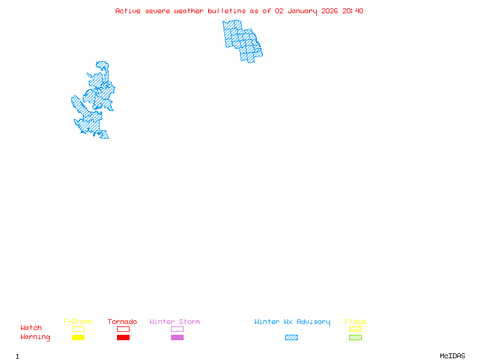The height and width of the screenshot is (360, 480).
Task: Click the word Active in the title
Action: [x=128, y=11]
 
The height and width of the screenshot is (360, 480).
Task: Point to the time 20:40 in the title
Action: [x=353, y=11]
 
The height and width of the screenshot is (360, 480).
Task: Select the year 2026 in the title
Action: [x=330, y=11]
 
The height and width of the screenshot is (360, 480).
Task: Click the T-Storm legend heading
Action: [x=77, y=322]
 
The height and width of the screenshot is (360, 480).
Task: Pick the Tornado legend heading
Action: [x=122, y=322]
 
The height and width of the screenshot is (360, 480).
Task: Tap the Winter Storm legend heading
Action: [x=175, y=322]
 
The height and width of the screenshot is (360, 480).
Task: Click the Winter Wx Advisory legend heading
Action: [x=292, y=322]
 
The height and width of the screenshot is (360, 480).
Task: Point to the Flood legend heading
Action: [x=355, y=322]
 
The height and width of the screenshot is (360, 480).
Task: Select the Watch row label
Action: [x=31, y=328]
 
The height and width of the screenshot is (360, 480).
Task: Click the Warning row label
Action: [x=35, y=337]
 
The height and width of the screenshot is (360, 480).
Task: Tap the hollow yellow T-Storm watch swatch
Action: [x=78, y=329]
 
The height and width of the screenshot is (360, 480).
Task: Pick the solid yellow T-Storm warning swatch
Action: [x=78, y=338]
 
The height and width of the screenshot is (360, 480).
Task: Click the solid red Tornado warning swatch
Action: [x=123, y=338]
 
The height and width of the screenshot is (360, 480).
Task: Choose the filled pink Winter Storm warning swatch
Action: [x=177, y=338]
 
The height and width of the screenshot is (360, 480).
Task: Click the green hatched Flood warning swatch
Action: [x=355, y=338]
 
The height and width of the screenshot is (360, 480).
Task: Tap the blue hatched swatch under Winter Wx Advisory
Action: [x=291, y=338]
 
